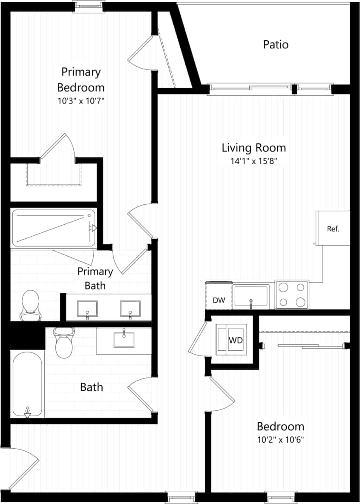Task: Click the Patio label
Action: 276,44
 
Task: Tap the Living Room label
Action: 253,148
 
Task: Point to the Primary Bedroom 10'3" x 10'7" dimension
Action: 81,101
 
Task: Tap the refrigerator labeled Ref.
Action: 333,228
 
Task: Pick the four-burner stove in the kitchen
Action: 292,295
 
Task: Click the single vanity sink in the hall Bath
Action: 124,340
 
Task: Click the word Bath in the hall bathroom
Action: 92,387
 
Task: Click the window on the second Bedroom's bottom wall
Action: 280,497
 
